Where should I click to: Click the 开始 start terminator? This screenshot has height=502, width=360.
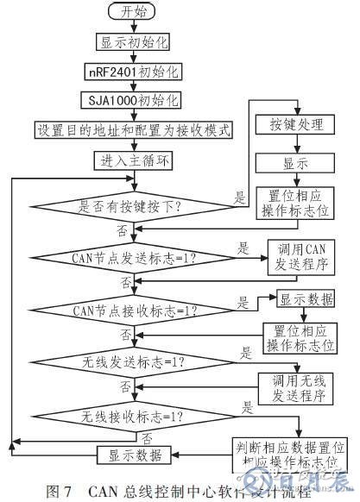point(131,13)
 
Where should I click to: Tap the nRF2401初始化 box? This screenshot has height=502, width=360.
point(131,71)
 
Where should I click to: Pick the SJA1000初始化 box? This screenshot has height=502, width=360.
point(131,100)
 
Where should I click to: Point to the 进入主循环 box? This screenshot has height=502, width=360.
point(131,160)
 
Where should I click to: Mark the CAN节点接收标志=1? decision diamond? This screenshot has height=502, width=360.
point(131,307)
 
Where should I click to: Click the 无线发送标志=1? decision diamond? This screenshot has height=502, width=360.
point(131,356)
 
